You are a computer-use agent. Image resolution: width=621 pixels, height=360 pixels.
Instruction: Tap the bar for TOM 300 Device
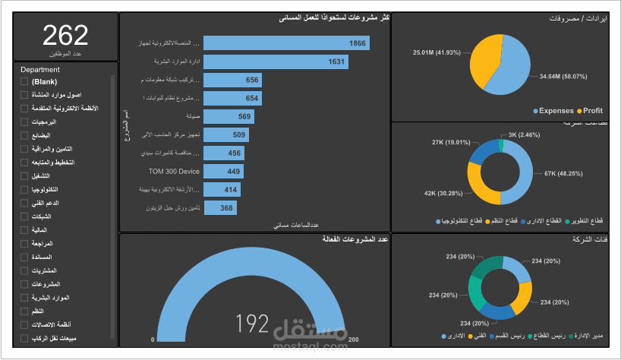(x=224, y=172)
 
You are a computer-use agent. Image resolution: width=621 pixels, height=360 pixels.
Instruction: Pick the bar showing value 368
(x=220, y=208)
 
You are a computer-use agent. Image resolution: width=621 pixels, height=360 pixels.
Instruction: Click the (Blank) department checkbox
(x=25, y=81)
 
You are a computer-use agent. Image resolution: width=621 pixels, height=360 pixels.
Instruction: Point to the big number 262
(x=65, y=36)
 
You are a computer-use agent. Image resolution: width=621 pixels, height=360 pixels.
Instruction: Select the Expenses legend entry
(x=556, y=110)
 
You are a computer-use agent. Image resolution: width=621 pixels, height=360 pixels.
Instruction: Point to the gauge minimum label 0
(x=153, y=339)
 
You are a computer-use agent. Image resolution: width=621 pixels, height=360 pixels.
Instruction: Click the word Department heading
(x=40, y=69)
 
